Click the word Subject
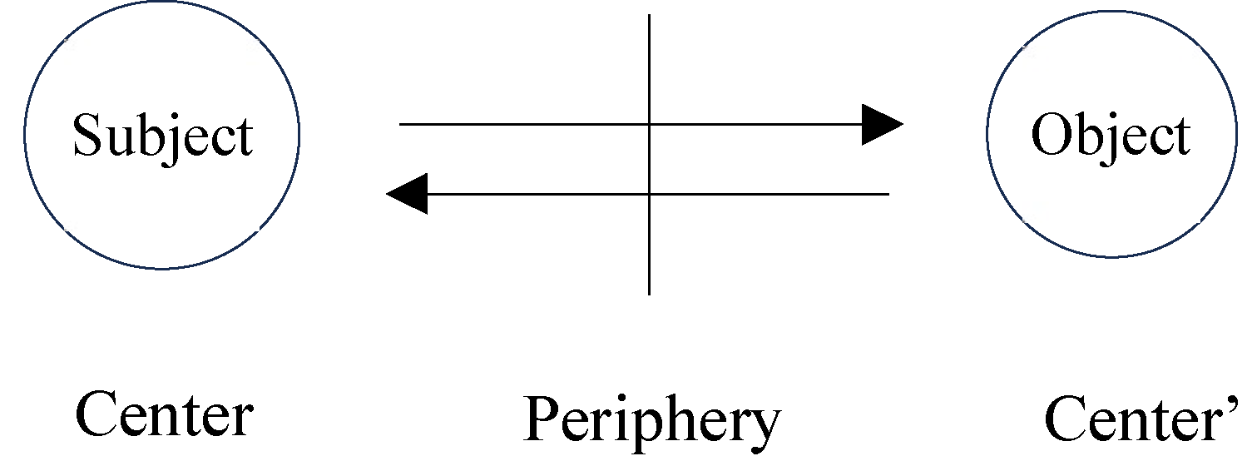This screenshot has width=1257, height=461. [x=163, y=136]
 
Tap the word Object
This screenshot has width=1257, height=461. [x=1111, y=135]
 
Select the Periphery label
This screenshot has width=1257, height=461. [x=653, y=421]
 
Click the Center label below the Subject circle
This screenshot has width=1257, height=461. [x=164, y=415]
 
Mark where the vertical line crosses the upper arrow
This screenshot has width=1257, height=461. [x=649, y=125]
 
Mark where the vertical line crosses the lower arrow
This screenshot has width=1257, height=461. [x=649, y=194]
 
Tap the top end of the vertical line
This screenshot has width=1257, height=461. [x=649, y=16]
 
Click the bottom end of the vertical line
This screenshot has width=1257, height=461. [x=649, y=293]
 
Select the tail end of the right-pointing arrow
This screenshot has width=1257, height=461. [x=401, y=125]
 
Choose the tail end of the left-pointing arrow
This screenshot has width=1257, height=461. [x=888, y=194]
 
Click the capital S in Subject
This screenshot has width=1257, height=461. [x=87, y=136]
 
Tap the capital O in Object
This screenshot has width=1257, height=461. [x=1050, y=135]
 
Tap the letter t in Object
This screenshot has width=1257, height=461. [x=1181, y=136]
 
